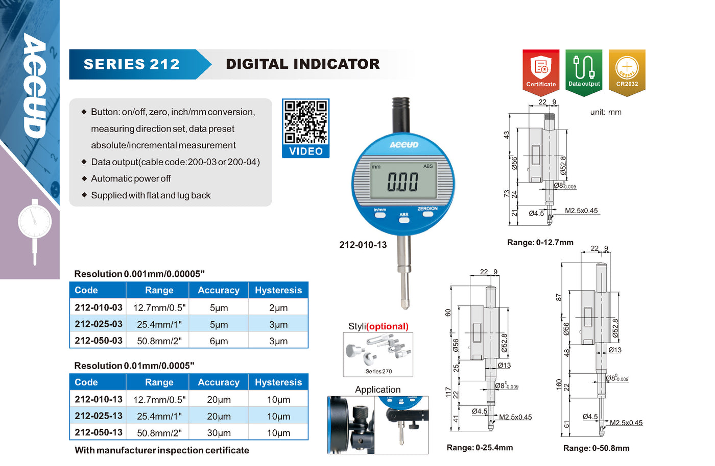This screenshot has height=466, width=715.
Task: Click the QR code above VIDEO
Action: [305, 122]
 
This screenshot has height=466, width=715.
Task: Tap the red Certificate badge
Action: [541, 72]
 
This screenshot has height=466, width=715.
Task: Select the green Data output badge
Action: [584, 72]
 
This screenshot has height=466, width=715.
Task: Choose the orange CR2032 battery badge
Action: [627, 72]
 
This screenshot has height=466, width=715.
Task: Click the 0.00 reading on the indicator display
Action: [402, 182]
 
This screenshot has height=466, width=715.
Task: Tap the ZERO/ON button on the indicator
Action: [428, 214]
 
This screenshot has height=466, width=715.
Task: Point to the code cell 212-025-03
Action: [98, 324]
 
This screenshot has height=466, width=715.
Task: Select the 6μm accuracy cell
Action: [219, 341]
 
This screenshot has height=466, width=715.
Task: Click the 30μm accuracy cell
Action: [219, 433]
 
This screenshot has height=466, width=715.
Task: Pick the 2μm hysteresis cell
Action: [278, 308]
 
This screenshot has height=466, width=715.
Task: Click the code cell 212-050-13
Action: [98, 432]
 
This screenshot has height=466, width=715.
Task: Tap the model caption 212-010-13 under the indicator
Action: [363, 245]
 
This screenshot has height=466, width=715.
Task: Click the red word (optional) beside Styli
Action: [387, 326]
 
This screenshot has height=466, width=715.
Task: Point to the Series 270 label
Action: [378, 371]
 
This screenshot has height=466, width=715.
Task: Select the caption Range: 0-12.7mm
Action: [540, 243]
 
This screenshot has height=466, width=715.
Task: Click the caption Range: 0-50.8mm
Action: [597, 448]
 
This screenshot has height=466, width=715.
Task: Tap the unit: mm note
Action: [606, 112]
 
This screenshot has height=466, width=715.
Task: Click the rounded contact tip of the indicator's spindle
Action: [404, 305]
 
